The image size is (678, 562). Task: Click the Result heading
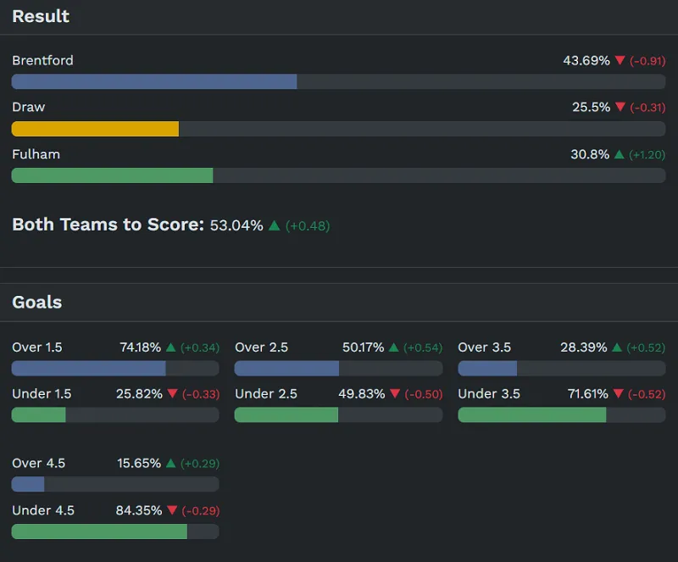pyautogui.click(x=41, y=16)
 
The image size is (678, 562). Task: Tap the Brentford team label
pyautogui.click(x=42, y=60)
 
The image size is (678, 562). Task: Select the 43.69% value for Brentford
pyautogui.click(x=586, y=60)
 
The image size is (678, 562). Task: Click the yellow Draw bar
pyautogui.click(x=95, y=129)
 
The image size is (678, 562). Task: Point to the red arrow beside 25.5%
pyautogui.click(x=620, y=107)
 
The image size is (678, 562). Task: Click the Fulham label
pyautogui.click(x=36, y=154)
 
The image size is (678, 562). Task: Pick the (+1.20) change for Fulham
pyautogui.click(x=647, y=154)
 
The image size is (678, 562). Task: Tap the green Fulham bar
pyautogui.click(x=112, y=175)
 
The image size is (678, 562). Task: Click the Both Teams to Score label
pyautogui.click(x=108, y=225)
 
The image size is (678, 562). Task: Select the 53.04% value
pyautogui.click(x=236, y=225)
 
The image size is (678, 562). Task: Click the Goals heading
pyautogui.click(x=36, y=302)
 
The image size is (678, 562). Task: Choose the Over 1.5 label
pyautogui.click(x=36, y=348)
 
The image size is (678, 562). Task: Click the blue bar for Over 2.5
pyautogui.click(x=286, y=368)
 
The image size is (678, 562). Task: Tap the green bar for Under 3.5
pyautogui.click(x=531, y=415)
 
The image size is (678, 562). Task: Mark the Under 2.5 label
pyautogui.click(x=264, y=394)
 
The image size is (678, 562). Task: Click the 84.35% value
pyautogui.click(x=139, y=510)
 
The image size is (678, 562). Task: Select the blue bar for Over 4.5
pyautogui.click(x=28, y=484)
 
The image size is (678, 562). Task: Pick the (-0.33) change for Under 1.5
pyautogui.click(x=200, y=394)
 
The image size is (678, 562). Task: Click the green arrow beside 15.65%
pyautogui.click(x=170, y=464)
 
